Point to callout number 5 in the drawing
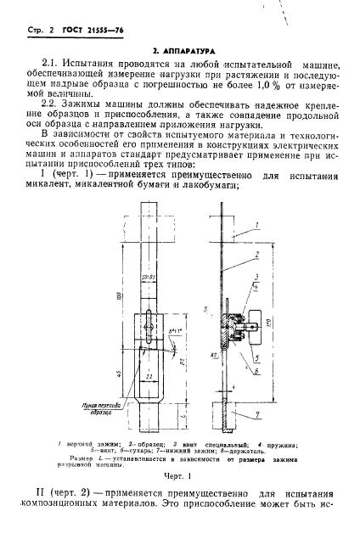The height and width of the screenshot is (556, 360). pyautogui.click(x=256, y=357)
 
